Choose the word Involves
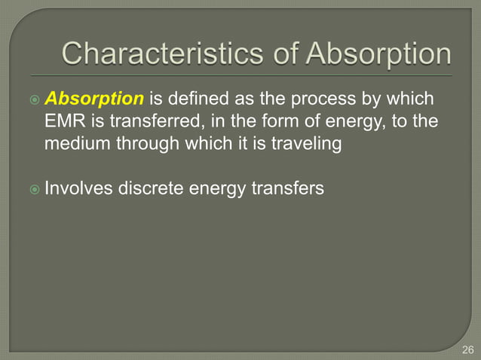pyautogui.click(x=78, y=187)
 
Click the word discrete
pyautogui.click(x=148, y=187)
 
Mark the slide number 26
pyautogui.click(x=467, y=349)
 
